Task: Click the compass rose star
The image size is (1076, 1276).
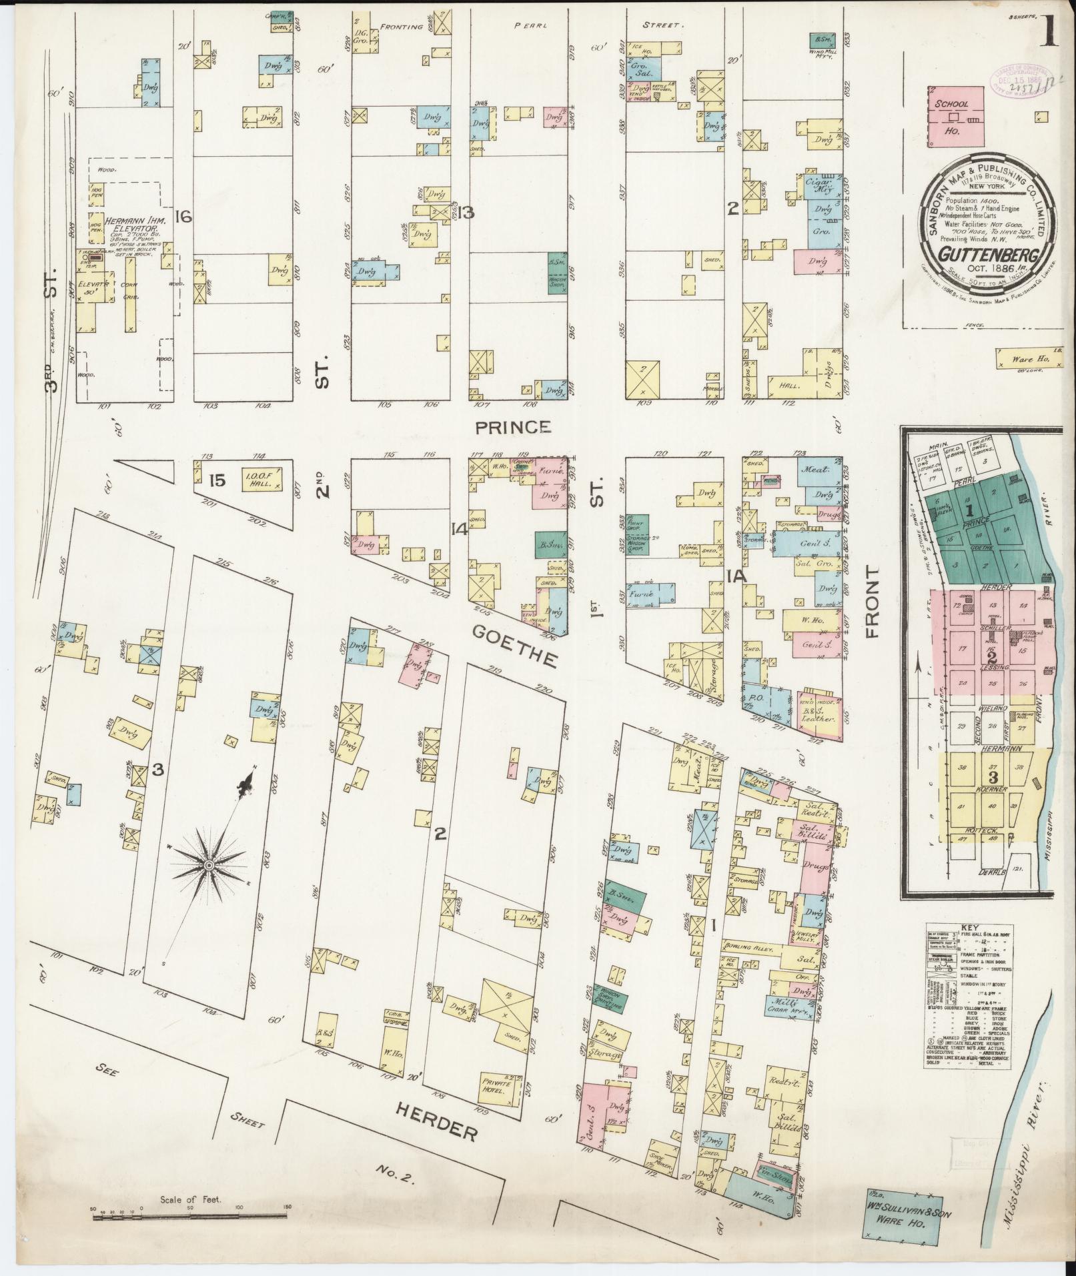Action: point(209,866)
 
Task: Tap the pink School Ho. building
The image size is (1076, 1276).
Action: point(955,114)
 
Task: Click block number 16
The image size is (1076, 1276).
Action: point(183,217)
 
